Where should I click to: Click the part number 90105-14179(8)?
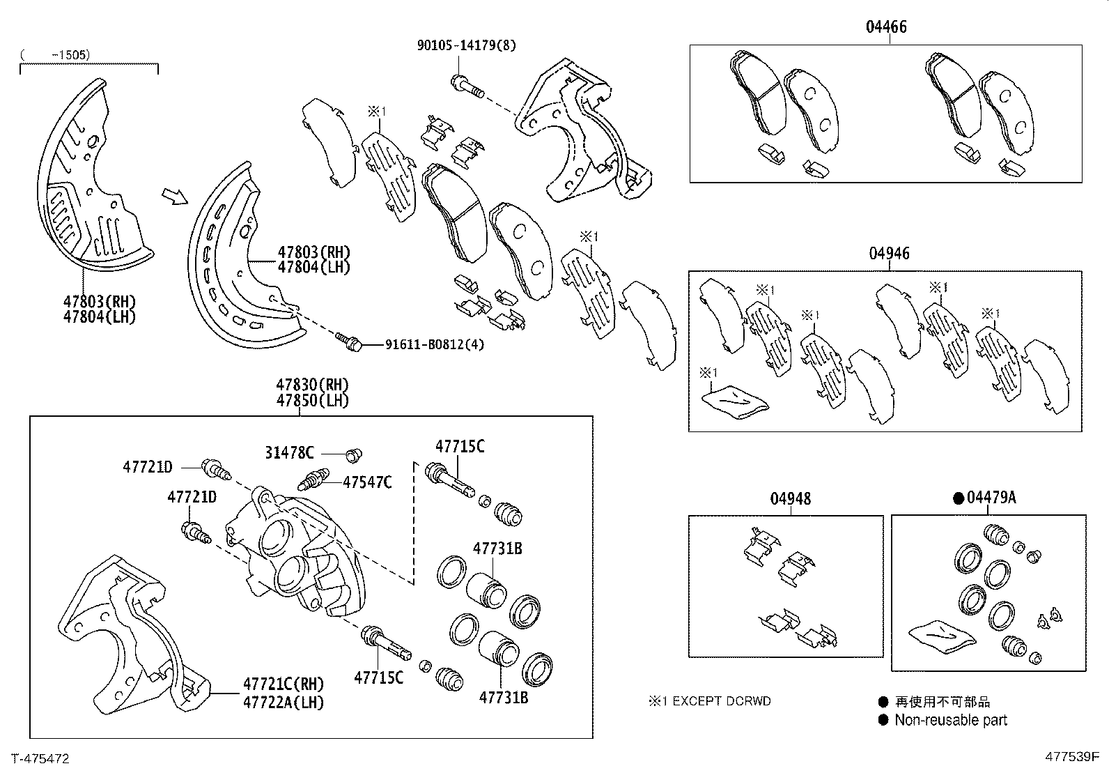click(x=466, y=46)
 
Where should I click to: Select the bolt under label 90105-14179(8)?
click(x=467, y=87)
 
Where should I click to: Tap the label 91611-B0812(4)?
click(x=434, y=344)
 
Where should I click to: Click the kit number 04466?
click(x=886, y=27)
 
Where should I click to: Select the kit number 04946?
click(x=889, y=254)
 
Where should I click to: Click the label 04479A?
click(x=992, y=498)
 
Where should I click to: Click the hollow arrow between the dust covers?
click(x=174, y=197)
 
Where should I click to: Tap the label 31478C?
click(x=288, y=453)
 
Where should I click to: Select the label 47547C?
click(x=367, y=482)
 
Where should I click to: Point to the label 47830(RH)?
click(x=312, y=385)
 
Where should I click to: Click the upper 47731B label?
click(x=497, y=549)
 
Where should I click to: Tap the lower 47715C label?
click(x=378, y=677)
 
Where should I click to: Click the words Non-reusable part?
click(x=951, y=720)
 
